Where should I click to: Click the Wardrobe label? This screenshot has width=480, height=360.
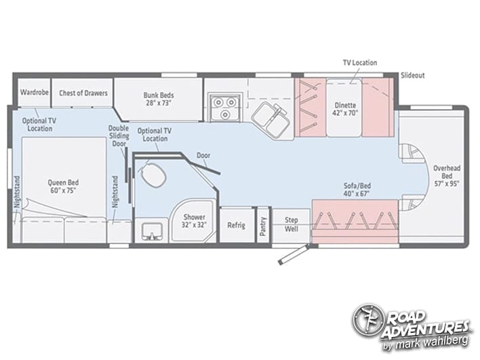(x=35, y=92)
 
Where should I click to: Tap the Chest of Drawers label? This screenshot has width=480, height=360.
(x=83, y=93)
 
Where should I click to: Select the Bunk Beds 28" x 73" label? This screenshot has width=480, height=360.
(x=159, y=99)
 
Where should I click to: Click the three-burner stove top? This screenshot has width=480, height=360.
(x=225, y=107)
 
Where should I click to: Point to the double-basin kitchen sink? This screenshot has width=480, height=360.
(x=271, y=120)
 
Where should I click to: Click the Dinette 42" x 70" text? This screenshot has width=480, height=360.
(x=345, y=109)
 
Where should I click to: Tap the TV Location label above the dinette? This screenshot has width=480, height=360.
(x=360, y=63)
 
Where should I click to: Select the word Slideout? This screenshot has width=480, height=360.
(x=413, y=75)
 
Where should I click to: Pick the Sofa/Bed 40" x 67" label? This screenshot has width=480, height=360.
(x=357, y=189)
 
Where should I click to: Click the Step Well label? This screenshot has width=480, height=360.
(x=291, y=224)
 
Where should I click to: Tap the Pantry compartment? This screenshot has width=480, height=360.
(x=263, y=225)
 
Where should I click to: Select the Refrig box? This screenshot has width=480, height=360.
(x=237, y=225)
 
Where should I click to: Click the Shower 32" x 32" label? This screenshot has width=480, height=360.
(x=194, y=221)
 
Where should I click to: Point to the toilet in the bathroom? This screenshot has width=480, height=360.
(x=152, y=174)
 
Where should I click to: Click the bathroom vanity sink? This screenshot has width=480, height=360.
(x=152, y=231)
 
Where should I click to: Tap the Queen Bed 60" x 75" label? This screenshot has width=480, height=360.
(x=63, y=186)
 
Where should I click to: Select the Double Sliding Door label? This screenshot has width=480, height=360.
(x=119, y=136)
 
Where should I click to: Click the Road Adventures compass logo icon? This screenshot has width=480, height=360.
(x=367, y=319)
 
